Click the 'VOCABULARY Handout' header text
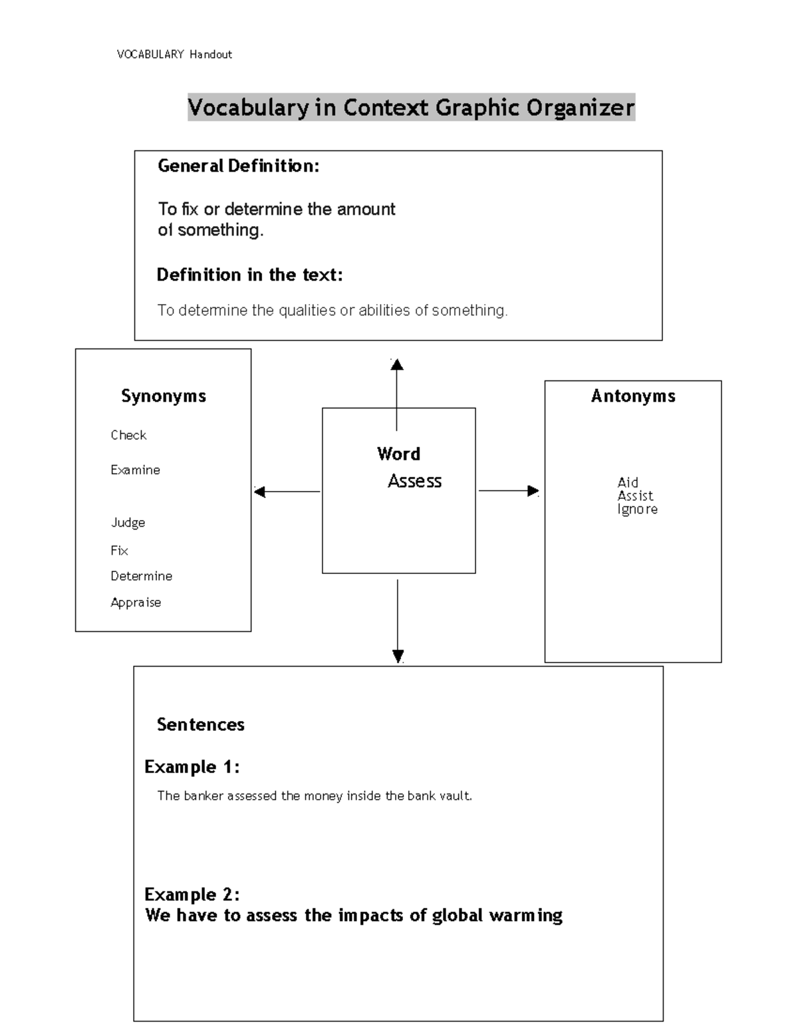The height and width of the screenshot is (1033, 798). click(174, 55)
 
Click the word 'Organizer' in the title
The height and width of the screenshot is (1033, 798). click(581, 107)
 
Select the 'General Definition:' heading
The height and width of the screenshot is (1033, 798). click(238, 166)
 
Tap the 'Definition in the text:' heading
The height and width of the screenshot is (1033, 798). click(249, 275)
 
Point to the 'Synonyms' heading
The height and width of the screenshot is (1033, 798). click(164, 396)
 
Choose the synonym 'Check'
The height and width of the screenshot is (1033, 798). click(128, 435)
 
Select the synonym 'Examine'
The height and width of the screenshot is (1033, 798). click(135, 470)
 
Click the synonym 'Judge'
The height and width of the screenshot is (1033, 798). click(128, 523)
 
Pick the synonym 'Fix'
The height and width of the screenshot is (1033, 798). click(119, 551)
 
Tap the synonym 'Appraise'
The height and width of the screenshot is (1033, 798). click(136, 603)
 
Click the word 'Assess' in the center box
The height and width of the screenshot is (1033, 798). click(414, 481)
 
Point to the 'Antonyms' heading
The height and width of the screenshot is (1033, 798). click(633, 396)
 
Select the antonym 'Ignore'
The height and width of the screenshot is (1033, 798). click(637, 510)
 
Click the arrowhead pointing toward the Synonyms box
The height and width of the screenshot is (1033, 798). click(260, 492)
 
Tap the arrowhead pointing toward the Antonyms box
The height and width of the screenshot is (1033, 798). click(533, 491)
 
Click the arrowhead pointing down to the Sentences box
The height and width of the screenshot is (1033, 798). click(398, 656)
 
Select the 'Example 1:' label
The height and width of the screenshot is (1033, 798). click(192, 767)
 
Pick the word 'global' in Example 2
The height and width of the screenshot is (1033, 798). click(457, 916)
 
